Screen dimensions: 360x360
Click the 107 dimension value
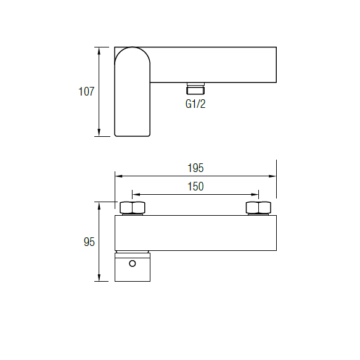(86, 91)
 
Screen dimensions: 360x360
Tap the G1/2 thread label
(195, 104)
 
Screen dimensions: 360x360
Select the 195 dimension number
(195, 168)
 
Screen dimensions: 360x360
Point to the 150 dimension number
(195, 186)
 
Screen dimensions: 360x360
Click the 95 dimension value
(89, 242)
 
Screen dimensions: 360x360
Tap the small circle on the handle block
(133, 263)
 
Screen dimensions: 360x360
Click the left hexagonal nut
(133, 208)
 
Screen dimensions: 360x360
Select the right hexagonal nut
(258, 208)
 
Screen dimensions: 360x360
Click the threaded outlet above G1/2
(195, 88)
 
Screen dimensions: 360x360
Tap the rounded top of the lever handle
(133, 47)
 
